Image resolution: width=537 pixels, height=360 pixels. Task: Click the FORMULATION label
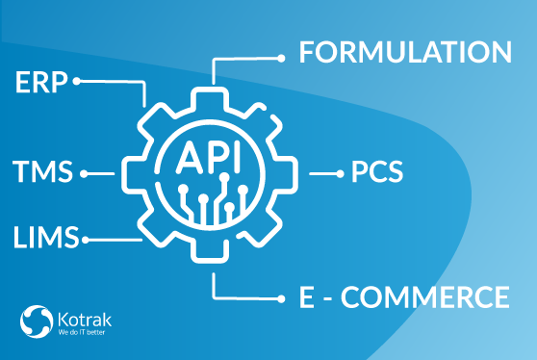point(405,52)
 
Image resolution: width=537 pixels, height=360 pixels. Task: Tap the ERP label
point(41,82)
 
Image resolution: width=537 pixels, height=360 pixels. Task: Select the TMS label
point(42,171)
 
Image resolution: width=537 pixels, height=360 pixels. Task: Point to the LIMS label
point(46,237)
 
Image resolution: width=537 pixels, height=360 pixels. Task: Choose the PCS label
point(377,171)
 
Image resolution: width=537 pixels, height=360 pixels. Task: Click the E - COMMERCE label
point(404,297)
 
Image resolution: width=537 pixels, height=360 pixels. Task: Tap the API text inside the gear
point(209,157)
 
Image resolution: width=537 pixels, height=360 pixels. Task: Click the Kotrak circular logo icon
point(37,321)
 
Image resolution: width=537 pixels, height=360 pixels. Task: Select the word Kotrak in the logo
point(85,320)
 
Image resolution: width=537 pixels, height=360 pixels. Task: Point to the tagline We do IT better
point(82,332)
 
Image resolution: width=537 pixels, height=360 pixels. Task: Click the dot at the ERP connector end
point(77,81)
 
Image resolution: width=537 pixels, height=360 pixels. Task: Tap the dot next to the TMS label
point(84,174)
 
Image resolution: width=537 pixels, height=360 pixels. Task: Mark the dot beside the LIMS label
point(86,240)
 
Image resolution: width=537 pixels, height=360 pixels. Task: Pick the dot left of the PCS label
point(340,174)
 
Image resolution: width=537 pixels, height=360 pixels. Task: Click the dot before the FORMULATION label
point(281,59)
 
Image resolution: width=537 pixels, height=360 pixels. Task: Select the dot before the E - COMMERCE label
point(281,299)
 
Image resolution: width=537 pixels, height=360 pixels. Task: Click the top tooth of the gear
point(210,97)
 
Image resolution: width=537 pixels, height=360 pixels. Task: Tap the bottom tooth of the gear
point(210,252)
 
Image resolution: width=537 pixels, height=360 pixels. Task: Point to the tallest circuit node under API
point(224,177)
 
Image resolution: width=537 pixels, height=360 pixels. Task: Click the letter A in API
point(190,157)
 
